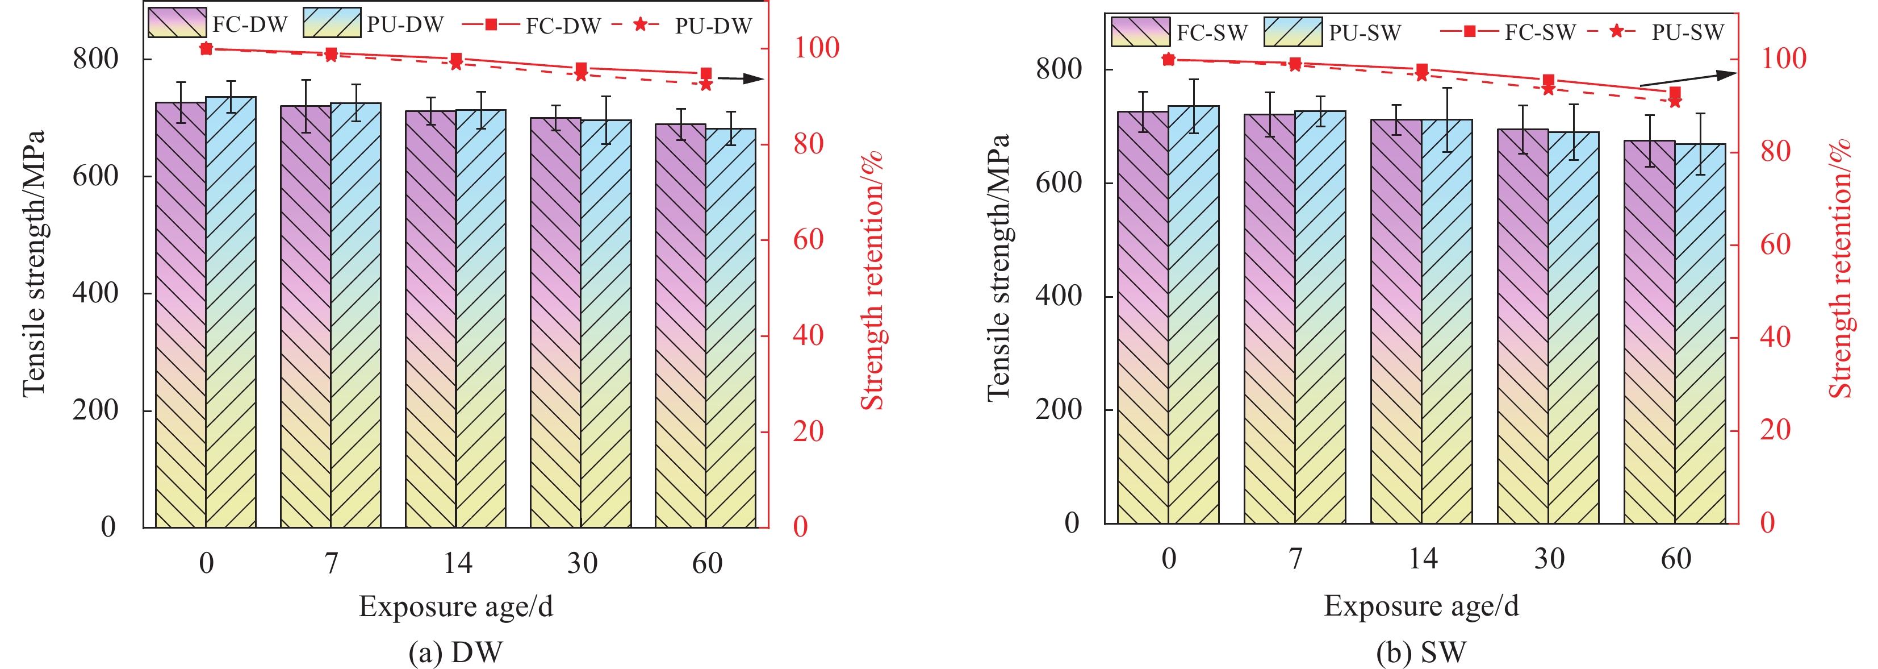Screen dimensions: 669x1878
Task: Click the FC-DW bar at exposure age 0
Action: pyautogui.click(x=181, y=314)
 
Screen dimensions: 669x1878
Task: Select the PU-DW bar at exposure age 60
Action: pyautogui.click(x=730, y=329)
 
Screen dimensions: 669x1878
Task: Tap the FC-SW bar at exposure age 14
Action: pyautogui.click(x=1396, y=321)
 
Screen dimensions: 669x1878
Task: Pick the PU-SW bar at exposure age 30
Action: pyautogui.click(x=1573, y=329)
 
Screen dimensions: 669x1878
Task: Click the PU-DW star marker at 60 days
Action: pyautogui.click(x=706, y=85)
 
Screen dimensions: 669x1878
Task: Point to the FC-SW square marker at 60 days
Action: pyautogui.click(x=1675, y=93)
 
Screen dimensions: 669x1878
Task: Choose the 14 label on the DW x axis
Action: pyautogui.click(x=457, y=563)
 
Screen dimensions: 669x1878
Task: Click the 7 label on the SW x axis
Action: pyautogui.click(x=1295, y=559)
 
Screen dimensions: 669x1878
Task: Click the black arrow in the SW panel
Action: pyautogui.click(x=1688, y=79)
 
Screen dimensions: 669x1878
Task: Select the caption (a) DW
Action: pyautogui.click(x=455, y=652)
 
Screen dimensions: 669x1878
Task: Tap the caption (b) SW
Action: pyautogui.click(x=1421, y=652)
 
